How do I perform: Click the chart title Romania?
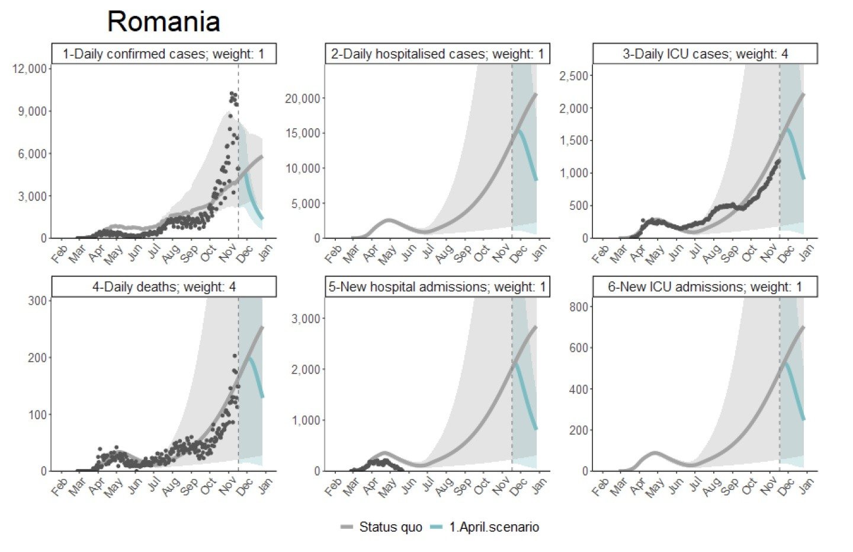tap(163, 23)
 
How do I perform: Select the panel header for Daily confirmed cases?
tap(163, 54)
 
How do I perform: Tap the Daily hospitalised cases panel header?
tap(437, 54)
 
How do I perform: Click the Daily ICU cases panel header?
tap(705, 54)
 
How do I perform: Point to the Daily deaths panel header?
tap(163, 287)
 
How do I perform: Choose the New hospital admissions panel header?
tap(437, 287)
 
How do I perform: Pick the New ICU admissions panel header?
tap(705, 287)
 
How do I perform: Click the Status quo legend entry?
tap(381, 527)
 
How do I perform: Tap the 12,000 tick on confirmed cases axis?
tap(29, 69)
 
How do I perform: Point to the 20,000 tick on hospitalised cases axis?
tap(302, 98)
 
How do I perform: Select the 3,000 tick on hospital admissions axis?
tap(307, 319)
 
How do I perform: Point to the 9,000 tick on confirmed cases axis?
tap(33, 111)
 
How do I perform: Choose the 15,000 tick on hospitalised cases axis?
tap(302, 133)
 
